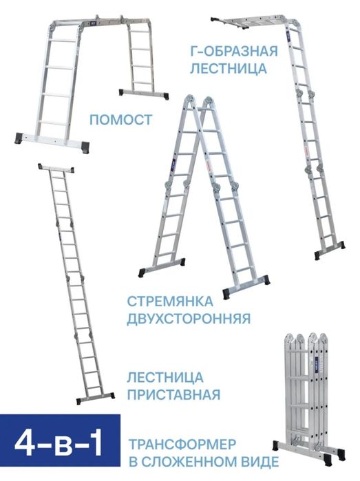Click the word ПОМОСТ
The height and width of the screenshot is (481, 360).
coord(120,120)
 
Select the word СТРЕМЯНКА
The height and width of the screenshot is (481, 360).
coord(169,301)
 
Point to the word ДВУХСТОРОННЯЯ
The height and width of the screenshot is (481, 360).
coord(187,319)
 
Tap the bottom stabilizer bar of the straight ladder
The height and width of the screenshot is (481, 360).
coord(94,397)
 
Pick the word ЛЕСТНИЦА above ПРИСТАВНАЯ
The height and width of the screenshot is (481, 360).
coord(165,377)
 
